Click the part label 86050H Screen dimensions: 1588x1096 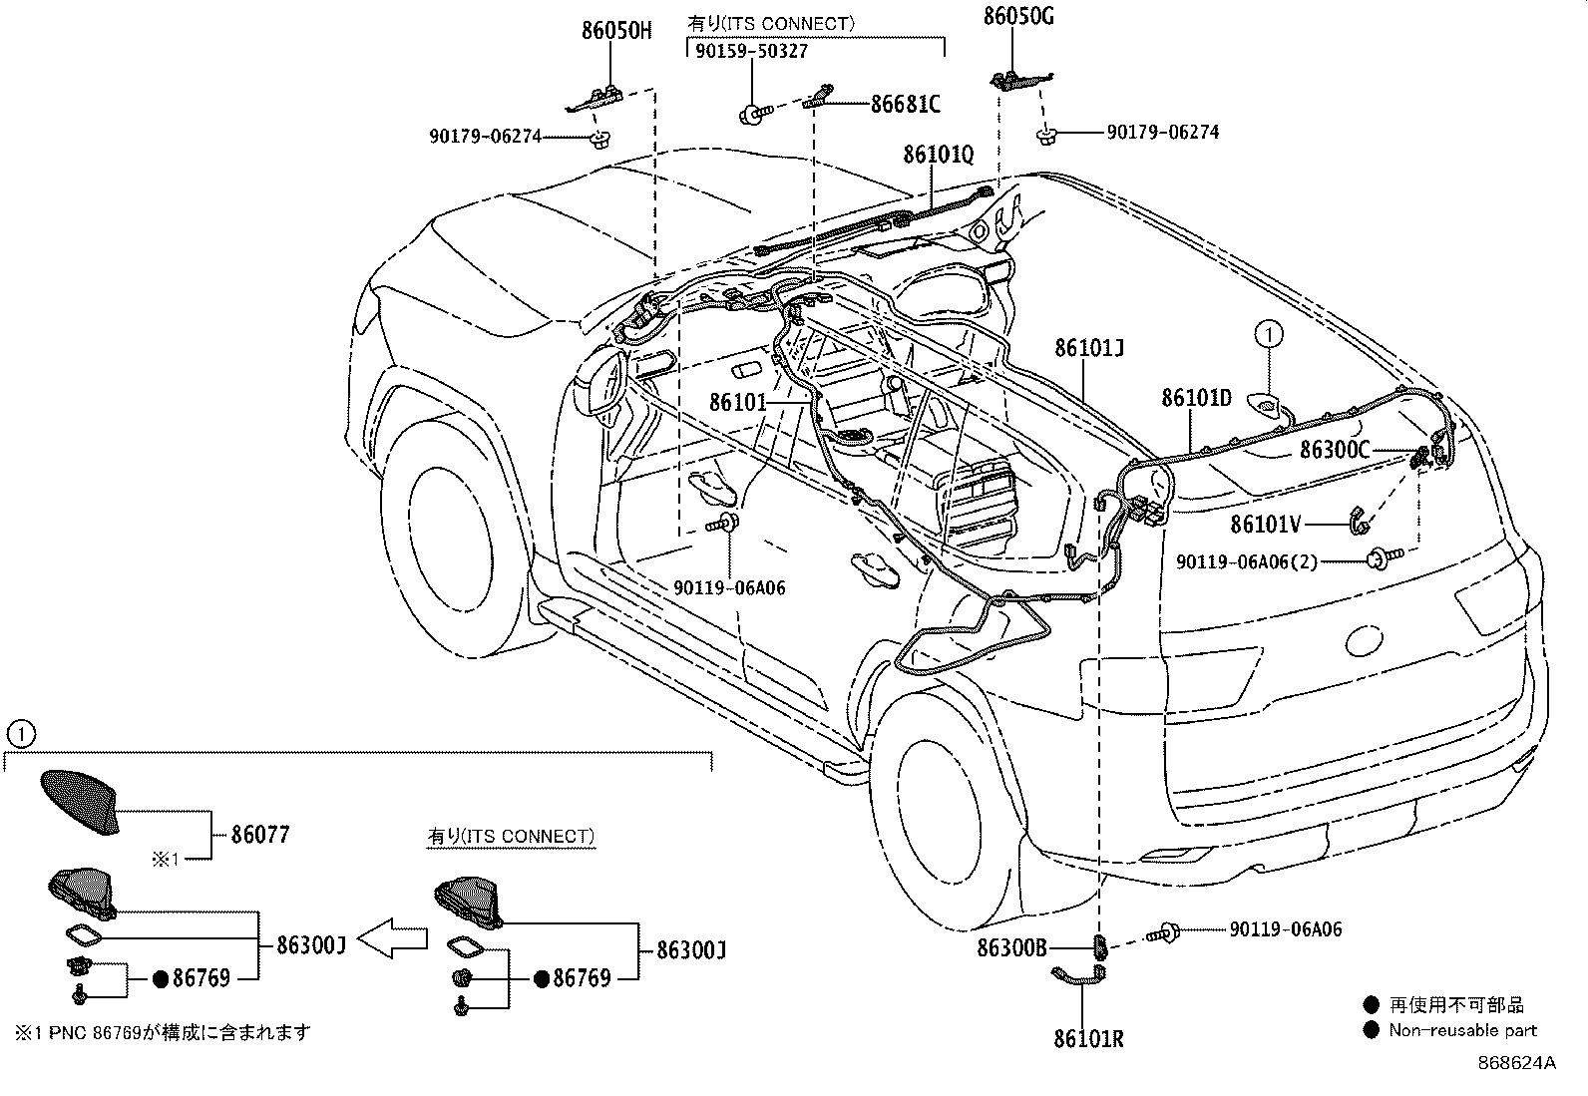pyautogui.click(x=616, y=31)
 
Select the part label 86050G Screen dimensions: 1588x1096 pyautogui.click(x=1018, y=16)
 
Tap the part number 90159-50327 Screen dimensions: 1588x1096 pyautogui.click(x=751, y=51)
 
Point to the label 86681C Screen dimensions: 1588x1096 pyautogui.click(x=906, y=104)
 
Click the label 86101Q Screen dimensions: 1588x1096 pyautogui.click(x=939, y=155)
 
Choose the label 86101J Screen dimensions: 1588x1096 pyautogui.click(x=1089, y=348)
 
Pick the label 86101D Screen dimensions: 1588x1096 pyautogui.click(x=1197, y=398)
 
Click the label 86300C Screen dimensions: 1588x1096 pyautogui.click(x=1335, y=450)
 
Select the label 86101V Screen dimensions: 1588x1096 pyautogui.click(x=1266, y=524)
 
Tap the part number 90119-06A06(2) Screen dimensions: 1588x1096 pyautogui.click(x=1247, y=562)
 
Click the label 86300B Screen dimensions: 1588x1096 pyautogui.click(x=1011, y=947)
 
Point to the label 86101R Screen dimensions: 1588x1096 pyautogui.click(x=1089, y=1038)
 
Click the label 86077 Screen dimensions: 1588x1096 pyautogui.click(x=260, y=835)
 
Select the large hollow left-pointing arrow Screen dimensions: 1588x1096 pyautogui.click(x=392, y=938)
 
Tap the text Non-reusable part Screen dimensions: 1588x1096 pyautogui.click(x=1463, y=1030)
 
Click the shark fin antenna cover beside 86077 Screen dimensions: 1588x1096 pyautogui.click(x=81, y=802)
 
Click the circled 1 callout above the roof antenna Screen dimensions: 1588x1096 pyautogui.click(x=1269, y=334)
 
